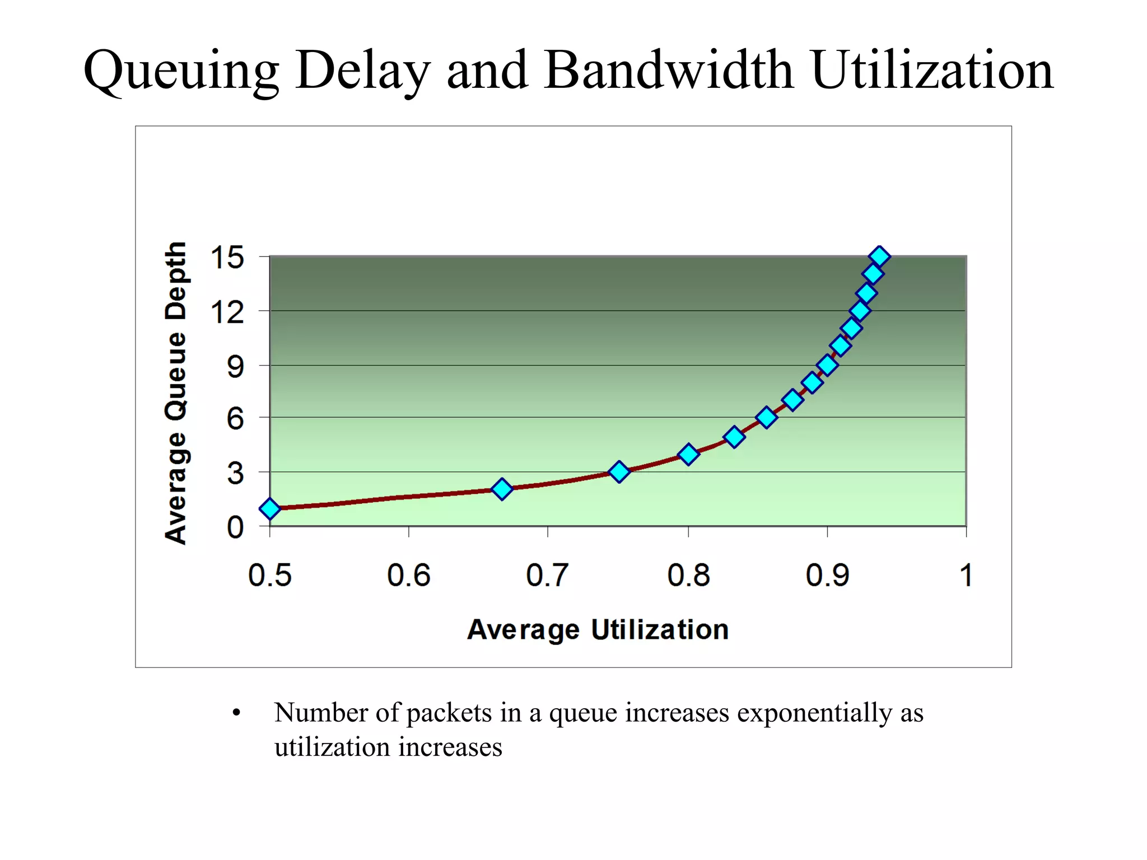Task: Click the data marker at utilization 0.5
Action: click(270, 508)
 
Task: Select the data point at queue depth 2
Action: click(502, 489)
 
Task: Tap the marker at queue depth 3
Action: click(619, 472)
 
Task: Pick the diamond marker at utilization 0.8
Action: click(688, 454)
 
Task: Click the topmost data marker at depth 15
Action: click(880, 256)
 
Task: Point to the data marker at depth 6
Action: click(767, 418)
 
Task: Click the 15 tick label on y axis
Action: click(227, 258)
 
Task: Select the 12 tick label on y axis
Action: click(227, 312)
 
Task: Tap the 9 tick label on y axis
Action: click(235, 367)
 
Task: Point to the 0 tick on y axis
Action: click(235, 527)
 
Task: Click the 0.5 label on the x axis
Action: click(270, 576)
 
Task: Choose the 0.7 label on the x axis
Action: click(547, 576)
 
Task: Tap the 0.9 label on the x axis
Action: click(827, 576)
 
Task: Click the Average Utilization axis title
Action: click(598, 629)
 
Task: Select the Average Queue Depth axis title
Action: click(175, 393)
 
